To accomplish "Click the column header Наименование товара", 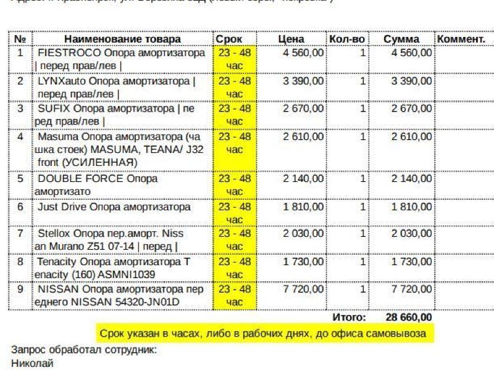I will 122,39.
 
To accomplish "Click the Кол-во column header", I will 347,39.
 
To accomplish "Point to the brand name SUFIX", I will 53,109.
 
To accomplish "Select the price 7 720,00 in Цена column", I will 303,289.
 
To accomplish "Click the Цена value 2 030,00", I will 303,234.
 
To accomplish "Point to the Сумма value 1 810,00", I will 411,207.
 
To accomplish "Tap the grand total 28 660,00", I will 409,317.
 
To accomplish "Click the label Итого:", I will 350,317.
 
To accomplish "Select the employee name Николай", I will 32,363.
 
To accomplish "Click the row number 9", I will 20,289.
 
